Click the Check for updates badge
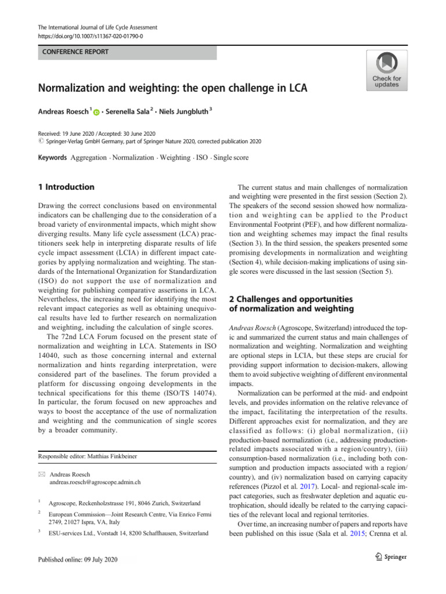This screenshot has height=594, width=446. coord(386,70)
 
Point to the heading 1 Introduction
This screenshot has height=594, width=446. coord(66,187)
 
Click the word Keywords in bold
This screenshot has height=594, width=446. coord(53,158)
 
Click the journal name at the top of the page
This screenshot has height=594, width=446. coord(95,27)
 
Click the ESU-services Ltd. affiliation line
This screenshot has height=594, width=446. coord(128,532)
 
